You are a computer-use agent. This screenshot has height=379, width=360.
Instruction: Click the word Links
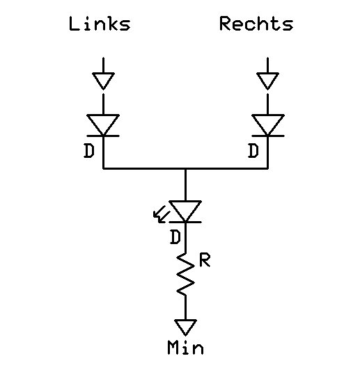coord(100,24)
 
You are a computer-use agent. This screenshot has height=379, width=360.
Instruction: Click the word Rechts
coord(256,24)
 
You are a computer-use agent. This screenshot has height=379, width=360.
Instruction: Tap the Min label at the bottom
coord(185,347)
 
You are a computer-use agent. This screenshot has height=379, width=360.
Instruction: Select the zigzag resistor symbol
coord(185,274)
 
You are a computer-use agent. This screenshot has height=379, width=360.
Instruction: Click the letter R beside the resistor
coord(205,260)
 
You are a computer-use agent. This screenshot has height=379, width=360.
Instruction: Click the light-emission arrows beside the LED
coord(160,214)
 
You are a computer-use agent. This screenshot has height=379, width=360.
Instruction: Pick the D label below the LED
coord(175,237)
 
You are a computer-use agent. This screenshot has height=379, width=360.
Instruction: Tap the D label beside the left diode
coord(89,151)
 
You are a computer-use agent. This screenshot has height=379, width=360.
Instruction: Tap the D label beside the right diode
coord(253,151)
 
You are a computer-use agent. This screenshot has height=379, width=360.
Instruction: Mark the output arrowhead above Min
coord(185,328)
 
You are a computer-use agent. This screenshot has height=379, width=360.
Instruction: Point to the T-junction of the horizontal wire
coord(185,168)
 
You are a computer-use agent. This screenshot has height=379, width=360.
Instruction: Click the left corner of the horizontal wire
coord(103,168)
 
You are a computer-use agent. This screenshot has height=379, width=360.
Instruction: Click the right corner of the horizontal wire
coord(268,168)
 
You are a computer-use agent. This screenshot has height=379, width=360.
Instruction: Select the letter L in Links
coord(74,24)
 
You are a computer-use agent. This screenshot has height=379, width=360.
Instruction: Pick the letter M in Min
coord(173,347)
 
